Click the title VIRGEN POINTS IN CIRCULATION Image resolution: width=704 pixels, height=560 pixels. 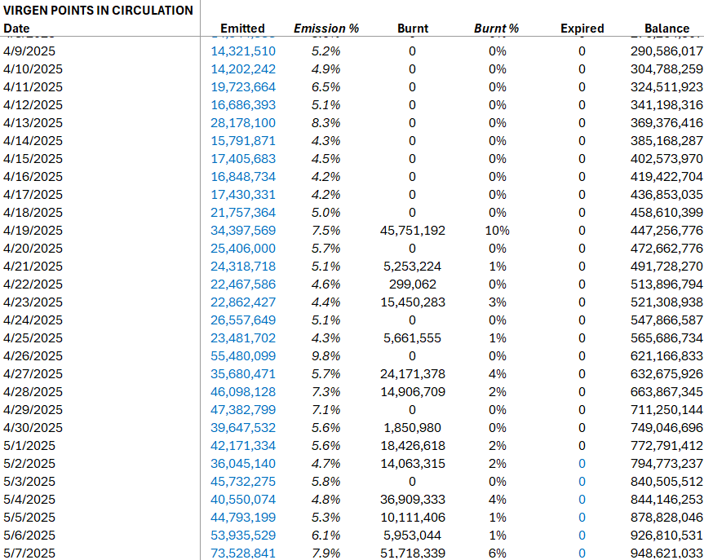pos(98,11)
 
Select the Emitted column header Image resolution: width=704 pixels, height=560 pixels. pos(242,29)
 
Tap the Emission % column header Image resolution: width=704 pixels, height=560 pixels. pos(326,29)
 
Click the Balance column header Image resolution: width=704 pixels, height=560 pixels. pos(666,29)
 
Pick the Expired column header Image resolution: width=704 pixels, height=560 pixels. pos(582,29)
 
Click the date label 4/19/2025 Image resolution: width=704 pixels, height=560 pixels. pos(33,231)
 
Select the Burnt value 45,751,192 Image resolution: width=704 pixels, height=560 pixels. pos(412,231)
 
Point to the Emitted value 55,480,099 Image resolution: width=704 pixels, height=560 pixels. pos(243,356)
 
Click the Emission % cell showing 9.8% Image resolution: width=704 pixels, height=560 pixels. pos(326,356)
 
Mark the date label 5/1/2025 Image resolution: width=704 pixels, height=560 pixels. pos(29,446)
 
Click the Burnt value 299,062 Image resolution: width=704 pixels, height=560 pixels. pos(412,284)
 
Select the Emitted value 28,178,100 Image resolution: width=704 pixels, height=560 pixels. pos(243,123)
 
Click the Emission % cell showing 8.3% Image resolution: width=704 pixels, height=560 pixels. pos(326,123)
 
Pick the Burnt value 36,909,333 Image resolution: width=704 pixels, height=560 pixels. pos(412,500)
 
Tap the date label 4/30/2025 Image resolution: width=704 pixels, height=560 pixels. pos(33,428)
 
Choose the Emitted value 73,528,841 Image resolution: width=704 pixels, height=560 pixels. pos(243,553)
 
